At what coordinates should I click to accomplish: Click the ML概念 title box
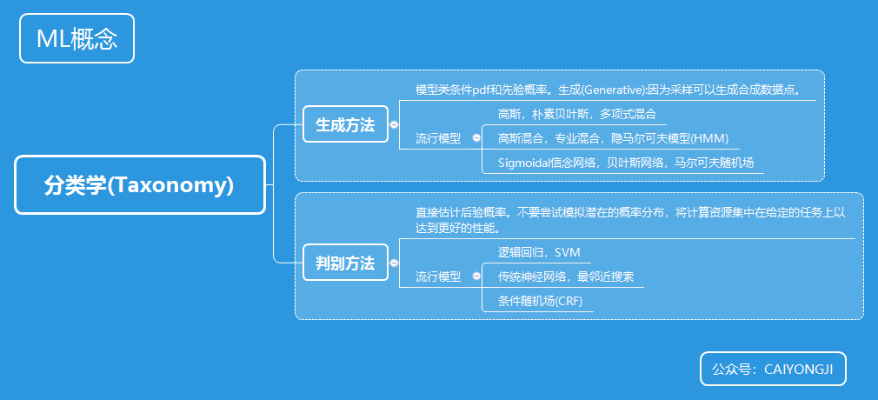point(76,39)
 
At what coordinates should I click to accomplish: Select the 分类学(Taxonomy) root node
point(139,185)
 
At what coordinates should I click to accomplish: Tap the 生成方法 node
point(345,125)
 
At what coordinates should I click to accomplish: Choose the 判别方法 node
point(345,263)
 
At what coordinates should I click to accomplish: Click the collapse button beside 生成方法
point(394,125)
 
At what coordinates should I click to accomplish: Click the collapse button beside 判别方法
point(394,263)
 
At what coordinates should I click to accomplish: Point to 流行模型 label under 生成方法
point(438,138)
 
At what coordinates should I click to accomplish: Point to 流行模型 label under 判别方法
point(438,277)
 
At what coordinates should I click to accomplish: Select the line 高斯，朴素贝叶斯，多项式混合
point(576,114)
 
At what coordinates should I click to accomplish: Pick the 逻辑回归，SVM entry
point(538,252)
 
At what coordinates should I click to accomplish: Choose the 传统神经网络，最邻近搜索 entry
point(565,277)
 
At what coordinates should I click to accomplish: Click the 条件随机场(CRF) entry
point(540,301)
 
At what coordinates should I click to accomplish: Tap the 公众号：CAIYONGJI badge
point(772,369)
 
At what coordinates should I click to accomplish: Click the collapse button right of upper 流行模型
point(476,137)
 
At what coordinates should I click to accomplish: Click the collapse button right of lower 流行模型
point(476,276)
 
